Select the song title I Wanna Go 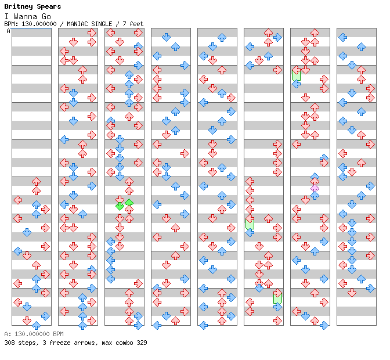26,16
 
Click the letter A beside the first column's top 9,31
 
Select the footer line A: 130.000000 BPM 33,334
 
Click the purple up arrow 315,187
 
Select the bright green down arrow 120,205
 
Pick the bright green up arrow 129,203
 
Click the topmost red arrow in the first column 36,181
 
